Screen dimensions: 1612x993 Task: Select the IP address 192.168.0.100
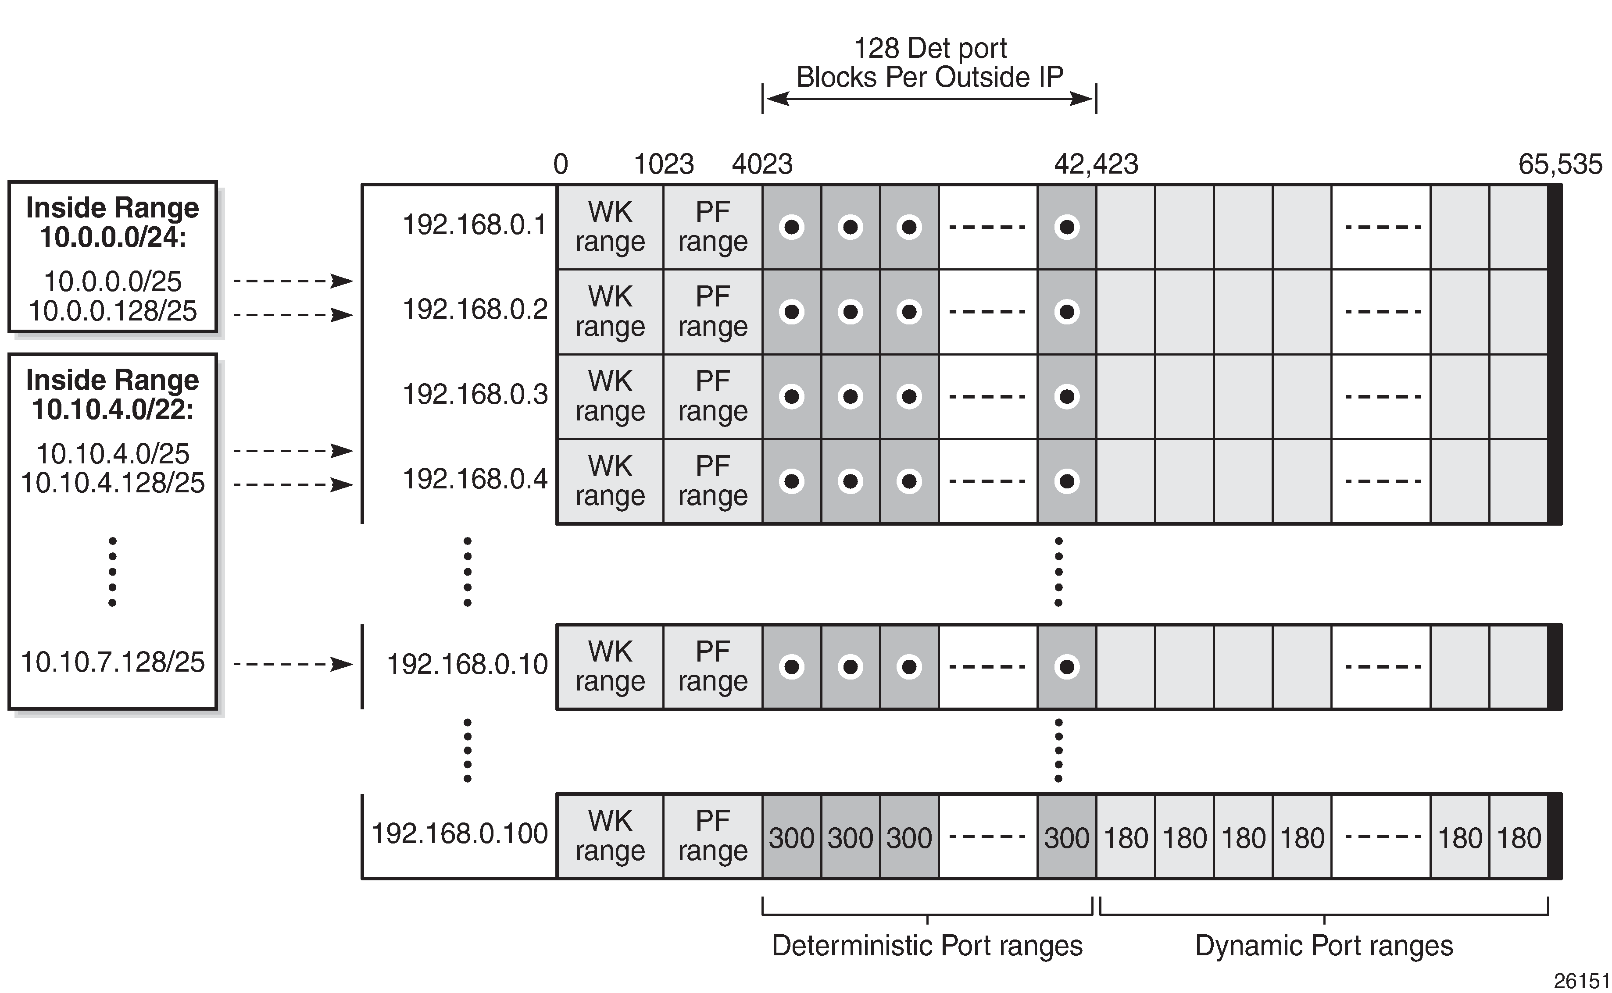459,833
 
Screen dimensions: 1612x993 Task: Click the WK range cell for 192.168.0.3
610,397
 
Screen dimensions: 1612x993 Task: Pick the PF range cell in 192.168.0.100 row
713,836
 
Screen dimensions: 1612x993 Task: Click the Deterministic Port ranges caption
927,946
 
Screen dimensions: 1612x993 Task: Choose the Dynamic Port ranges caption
1324,946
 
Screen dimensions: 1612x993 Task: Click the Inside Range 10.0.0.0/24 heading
112,222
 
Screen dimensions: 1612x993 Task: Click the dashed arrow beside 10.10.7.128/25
293,665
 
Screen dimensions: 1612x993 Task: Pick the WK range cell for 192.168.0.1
610,227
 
